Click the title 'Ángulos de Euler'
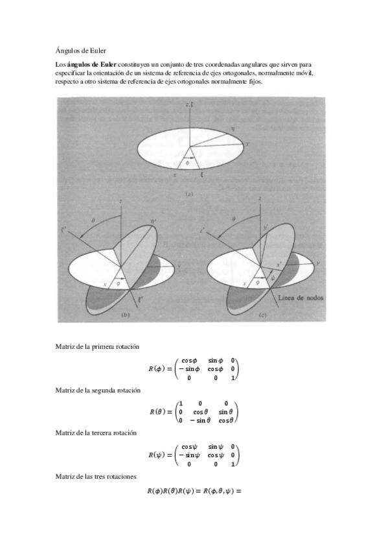pyautogui.click(x=81, y=49)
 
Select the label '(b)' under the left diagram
pyautogui.click(x=126, y=314)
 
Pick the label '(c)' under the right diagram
pyautogui.click(x=262, y=314)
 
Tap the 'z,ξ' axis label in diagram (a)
pyautogui.click(x=190, y=104)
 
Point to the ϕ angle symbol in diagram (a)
pyautogui.click(x=188, y=163)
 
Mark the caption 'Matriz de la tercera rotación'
pyautogui.click(x=97, y=432)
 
